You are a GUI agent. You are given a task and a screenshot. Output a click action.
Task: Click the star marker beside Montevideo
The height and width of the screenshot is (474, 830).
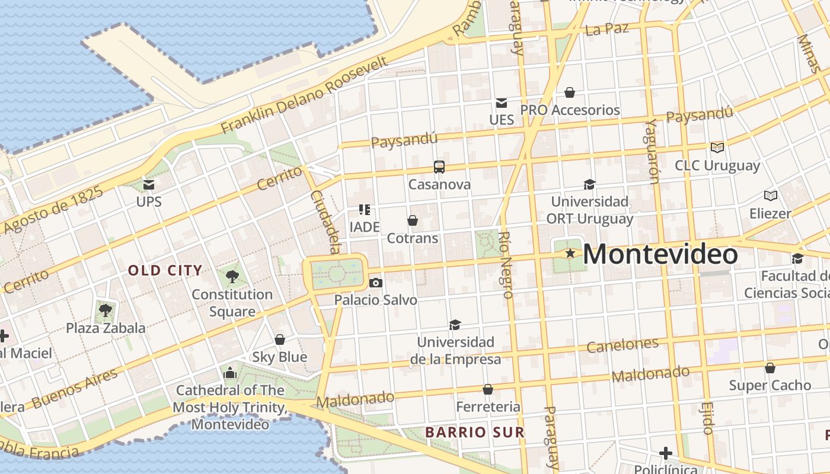[570, 254]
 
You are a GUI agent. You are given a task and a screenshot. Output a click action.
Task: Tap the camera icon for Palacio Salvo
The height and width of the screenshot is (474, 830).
[375, 283]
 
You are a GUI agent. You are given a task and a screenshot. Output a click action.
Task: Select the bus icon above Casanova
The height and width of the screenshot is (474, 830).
[439, 167]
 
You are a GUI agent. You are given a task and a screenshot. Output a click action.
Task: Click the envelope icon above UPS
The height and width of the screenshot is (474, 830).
[149, 185]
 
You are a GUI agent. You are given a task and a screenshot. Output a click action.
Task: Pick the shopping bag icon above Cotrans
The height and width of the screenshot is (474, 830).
[413, 221]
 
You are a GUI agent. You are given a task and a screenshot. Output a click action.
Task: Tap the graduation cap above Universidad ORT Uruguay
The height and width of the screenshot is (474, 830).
[589, 184]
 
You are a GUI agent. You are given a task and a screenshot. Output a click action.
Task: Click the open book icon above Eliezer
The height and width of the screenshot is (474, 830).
[771, 196]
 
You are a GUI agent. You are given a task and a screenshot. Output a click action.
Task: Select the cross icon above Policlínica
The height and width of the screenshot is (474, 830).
[666, 453]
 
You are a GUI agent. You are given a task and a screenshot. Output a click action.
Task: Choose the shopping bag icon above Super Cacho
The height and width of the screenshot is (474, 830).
[770, 368]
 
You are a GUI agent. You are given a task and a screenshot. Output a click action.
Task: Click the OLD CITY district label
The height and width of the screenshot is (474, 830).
[165, 271]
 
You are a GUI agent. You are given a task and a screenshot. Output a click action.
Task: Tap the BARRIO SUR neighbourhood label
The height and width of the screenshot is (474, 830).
[475, 433]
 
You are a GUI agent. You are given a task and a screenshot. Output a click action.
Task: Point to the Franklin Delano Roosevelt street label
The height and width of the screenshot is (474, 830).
[305, 95]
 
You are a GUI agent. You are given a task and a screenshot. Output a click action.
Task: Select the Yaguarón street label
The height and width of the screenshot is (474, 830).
[652, 151]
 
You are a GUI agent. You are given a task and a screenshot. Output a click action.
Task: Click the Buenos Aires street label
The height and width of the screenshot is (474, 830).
[75, 387]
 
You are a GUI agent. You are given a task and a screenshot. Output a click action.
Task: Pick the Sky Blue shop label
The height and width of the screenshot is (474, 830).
[280, 357]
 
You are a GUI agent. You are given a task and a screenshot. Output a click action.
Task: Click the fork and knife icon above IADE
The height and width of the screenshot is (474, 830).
[365, 209]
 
